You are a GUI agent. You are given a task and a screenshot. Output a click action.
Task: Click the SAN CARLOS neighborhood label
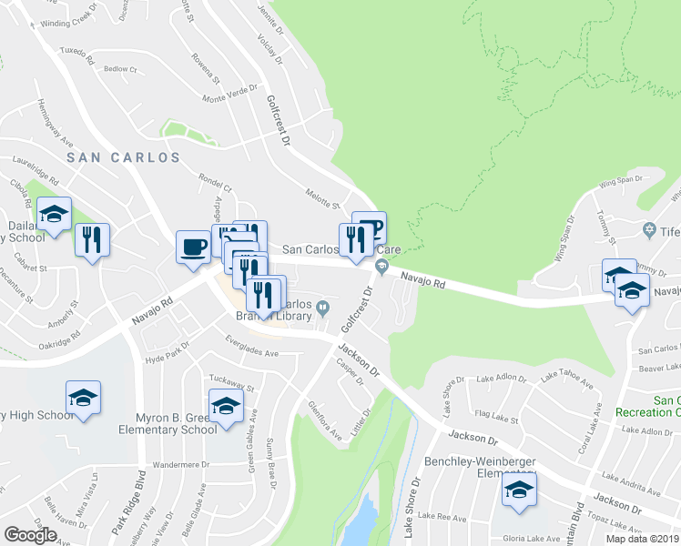124,157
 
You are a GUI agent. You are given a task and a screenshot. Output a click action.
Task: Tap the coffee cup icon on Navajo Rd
194,248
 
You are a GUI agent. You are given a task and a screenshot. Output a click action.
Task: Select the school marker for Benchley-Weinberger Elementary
519,491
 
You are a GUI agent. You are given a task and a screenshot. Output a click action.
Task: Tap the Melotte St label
321,197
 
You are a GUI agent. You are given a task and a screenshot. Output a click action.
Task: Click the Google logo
30,535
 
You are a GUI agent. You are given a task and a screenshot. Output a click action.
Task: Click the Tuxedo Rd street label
76,56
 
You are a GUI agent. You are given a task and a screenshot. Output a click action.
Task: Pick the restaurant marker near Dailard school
92,240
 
